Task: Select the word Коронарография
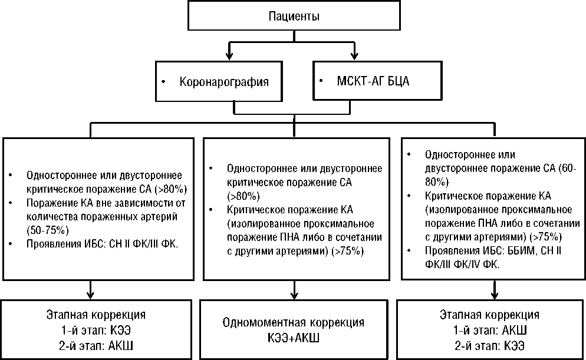tap(224, 82)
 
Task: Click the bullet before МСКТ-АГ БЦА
tap(321, 80)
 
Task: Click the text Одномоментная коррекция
tap(294, 322)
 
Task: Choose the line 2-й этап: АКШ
tap(94, 344)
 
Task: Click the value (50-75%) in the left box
tap(48, 229)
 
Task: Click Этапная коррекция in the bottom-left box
tap(96, 315)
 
